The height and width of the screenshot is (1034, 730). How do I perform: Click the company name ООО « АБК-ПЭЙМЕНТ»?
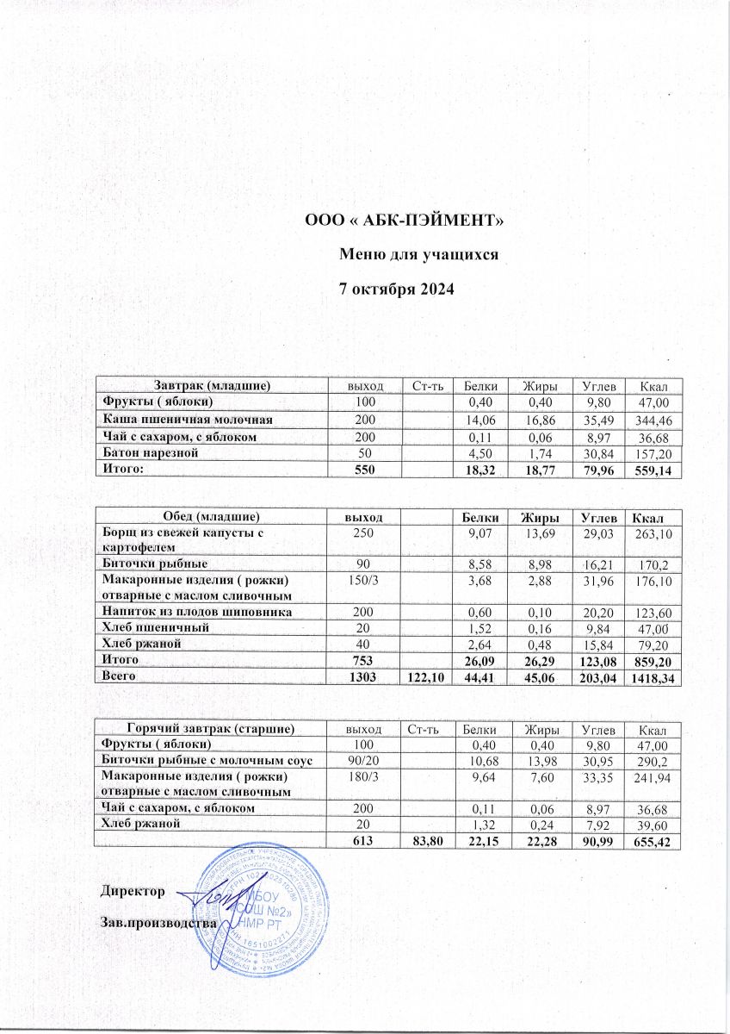click(x=404, y=221)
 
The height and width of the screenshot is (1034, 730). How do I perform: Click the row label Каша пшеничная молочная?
click(x=189, y=419)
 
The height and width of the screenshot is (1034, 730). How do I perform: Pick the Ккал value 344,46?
click(x=652, y=420)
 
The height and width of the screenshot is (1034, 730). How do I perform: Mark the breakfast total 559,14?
click(x=652, y=470)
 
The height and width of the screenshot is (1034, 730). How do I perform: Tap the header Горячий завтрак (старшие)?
click(x=212, y=729)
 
